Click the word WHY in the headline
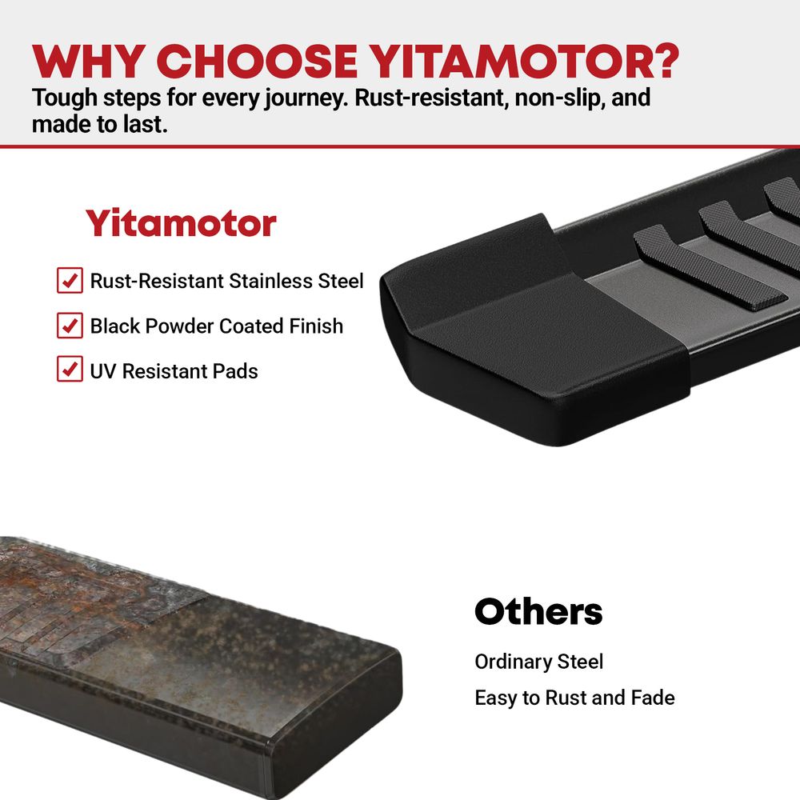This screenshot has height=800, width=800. [86, 62]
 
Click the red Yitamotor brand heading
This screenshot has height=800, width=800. [181, 223]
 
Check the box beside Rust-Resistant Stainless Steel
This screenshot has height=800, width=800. [70, 280]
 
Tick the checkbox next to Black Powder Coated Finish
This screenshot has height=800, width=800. [70, 326]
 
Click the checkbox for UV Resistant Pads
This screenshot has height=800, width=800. [70, 369]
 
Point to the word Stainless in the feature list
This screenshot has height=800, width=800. [270, 281]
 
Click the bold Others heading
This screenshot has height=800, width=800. [538, 611]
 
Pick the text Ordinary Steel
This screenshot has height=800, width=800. [538, 662]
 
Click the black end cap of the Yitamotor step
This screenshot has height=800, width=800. [530, 326]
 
